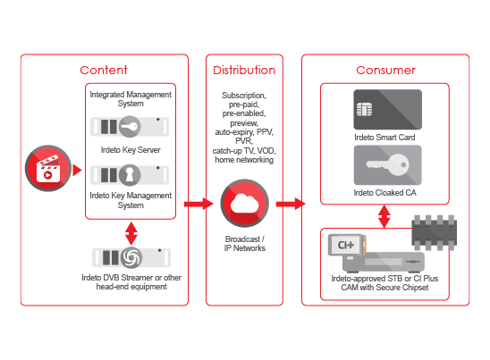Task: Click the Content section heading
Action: (104, 70)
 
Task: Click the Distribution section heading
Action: (244, 71)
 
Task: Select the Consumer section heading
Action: (385, 71)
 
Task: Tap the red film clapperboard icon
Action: (48, 168)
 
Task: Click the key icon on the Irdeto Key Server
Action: (130, 127)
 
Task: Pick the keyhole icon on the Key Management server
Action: (130, 175)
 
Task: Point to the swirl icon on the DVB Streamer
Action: (131, 257)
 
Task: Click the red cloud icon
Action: (244, 204)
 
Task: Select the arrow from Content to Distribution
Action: (199, 205)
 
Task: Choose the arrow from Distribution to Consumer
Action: (291, 204)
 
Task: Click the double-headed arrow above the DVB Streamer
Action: (131, 233)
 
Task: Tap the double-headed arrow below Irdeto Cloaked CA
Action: (384, 216)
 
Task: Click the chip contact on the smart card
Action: (365, 109)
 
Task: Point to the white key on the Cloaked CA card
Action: (387, 164)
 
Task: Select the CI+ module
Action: (347, 245)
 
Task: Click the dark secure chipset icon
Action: (435, 232)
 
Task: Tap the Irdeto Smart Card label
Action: (384, 138)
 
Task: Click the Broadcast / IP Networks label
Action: (245, 244)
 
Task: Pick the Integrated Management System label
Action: (131, 98)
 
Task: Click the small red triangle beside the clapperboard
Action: (77, 170)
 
